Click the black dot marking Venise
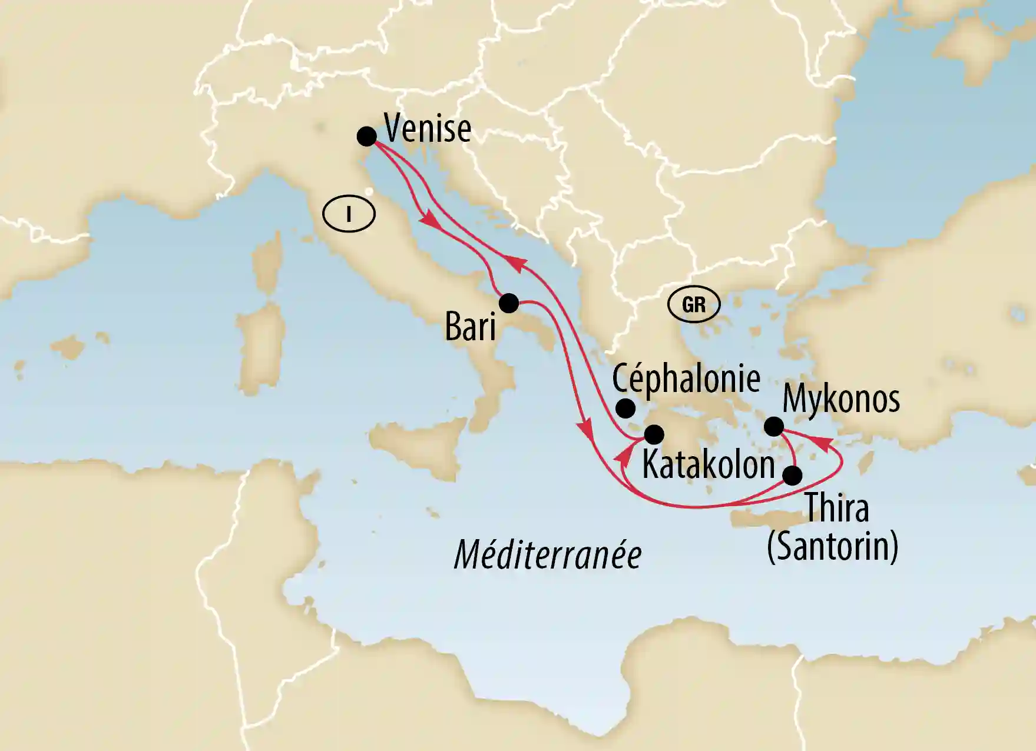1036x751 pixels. point(366,137)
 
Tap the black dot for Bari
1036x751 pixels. point(509,303)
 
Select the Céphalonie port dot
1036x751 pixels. point(625,408)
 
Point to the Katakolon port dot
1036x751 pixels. point(654,435)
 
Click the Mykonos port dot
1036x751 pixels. point(773,426)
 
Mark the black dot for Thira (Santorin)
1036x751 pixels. point(793,475)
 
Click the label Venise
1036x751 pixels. point(428,128)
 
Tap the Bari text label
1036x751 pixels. point(470,327)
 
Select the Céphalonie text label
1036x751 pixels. point(686,378)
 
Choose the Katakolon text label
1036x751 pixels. point(708,465)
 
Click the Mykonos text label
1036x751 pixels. point(841,400)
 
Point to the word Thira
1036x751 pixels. point(837,507)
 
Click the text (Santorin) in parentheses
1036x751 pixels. point(832,547)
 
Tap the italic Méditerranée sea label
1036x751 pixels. point(548,555)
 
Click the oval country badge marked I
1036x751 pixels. point(349,214)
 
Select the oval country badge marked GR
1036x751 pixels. point(694,305)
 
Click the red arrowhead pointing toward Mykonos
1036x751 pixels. point(823,444)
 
